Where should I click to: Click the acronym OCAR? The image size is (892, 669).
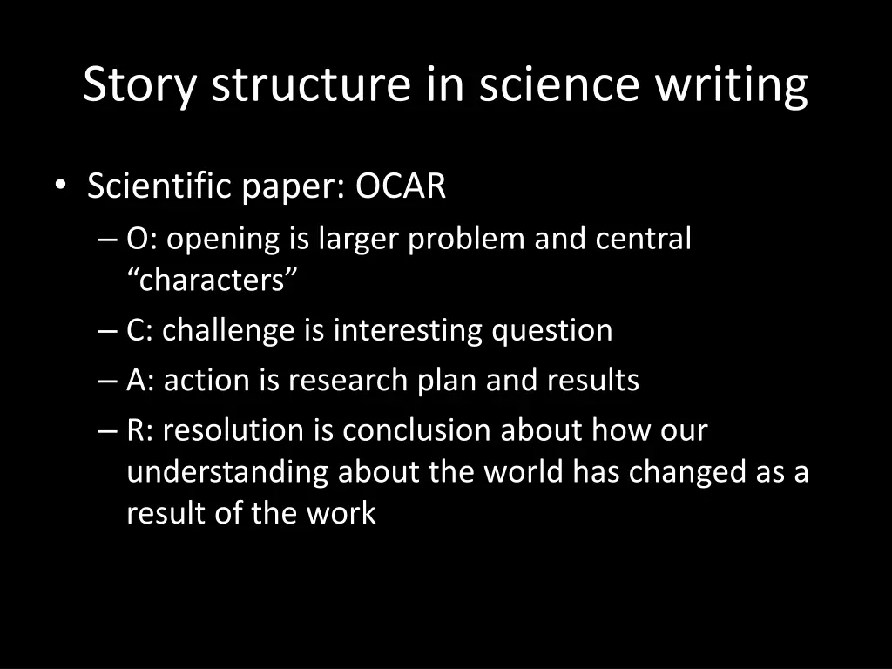(x=401, y=186)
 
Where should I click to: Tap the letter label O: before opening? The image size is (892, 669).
(x=142, y=239)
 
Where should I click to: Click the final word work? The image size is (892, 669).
(x=341, y=513)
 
